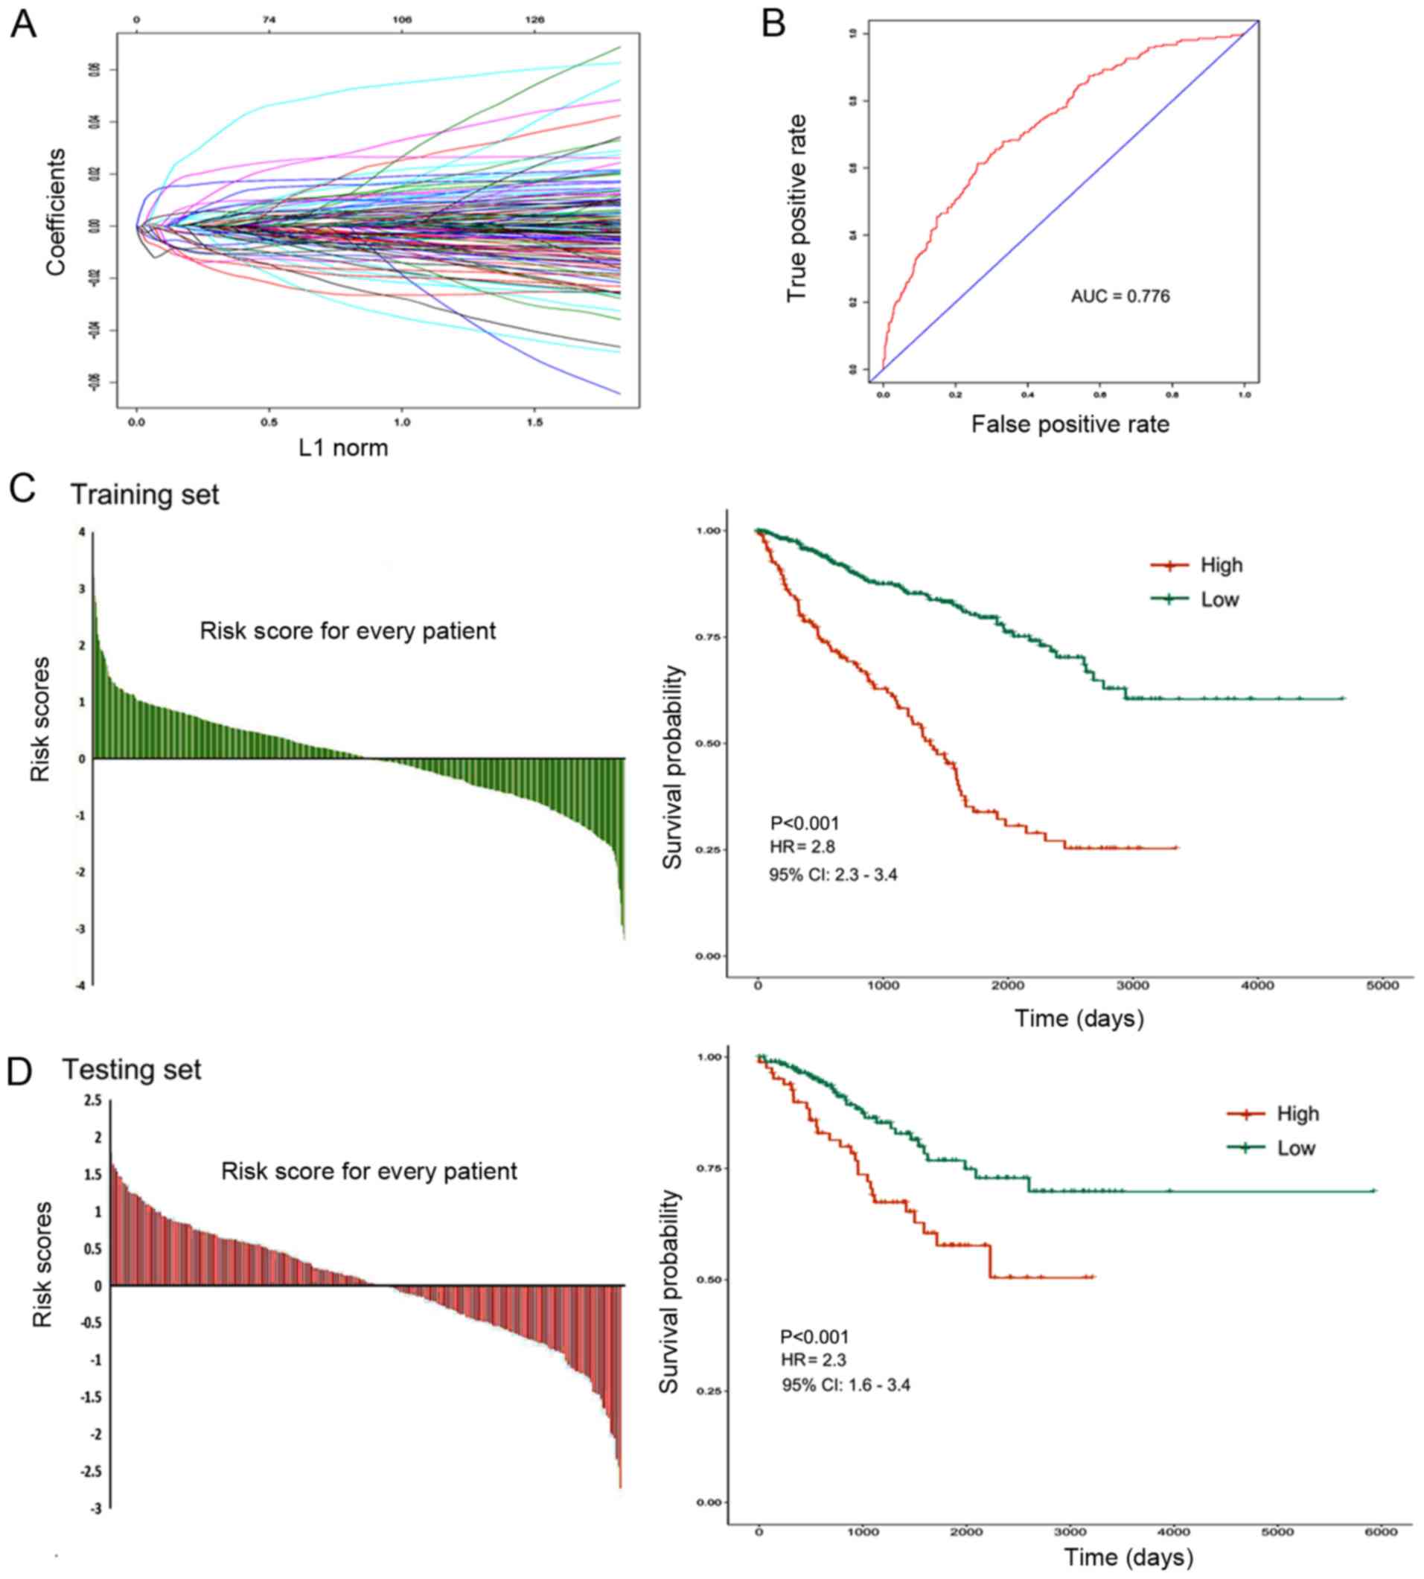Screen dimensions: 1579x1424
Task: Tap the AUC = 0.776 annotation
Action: pos(1120,296)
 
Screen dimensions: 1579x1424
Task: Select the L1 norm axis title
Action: pos(342,447)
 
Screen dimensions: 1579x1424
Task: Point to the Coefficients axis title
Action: pos(56,212)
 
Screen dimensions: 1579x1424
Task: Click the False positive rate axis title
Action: pos(1070,424)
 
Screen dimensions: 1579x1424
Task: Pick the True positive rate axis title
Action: pos(796,208)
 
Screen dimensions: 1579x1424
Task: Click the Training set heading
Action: pos(144,494)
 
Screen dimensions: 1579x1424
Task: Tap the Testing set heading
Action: pos(132,1069)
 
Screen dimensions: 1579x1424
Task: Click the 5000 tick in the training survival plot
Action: pos(1382,986)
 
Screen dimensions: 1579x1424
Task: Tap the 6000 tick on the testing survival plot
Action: pos(1380,1531)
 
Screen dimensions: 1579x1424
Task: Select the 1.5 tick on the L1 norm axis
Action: pos(534,422)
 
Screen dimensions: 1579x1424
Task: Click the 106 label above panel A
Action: pos(401,19)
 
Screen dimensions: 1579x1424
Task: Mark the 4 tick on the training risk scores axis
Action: pos(81,532)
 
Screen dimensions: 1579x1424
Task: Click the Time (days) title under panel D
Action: pos(1128,1557)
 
